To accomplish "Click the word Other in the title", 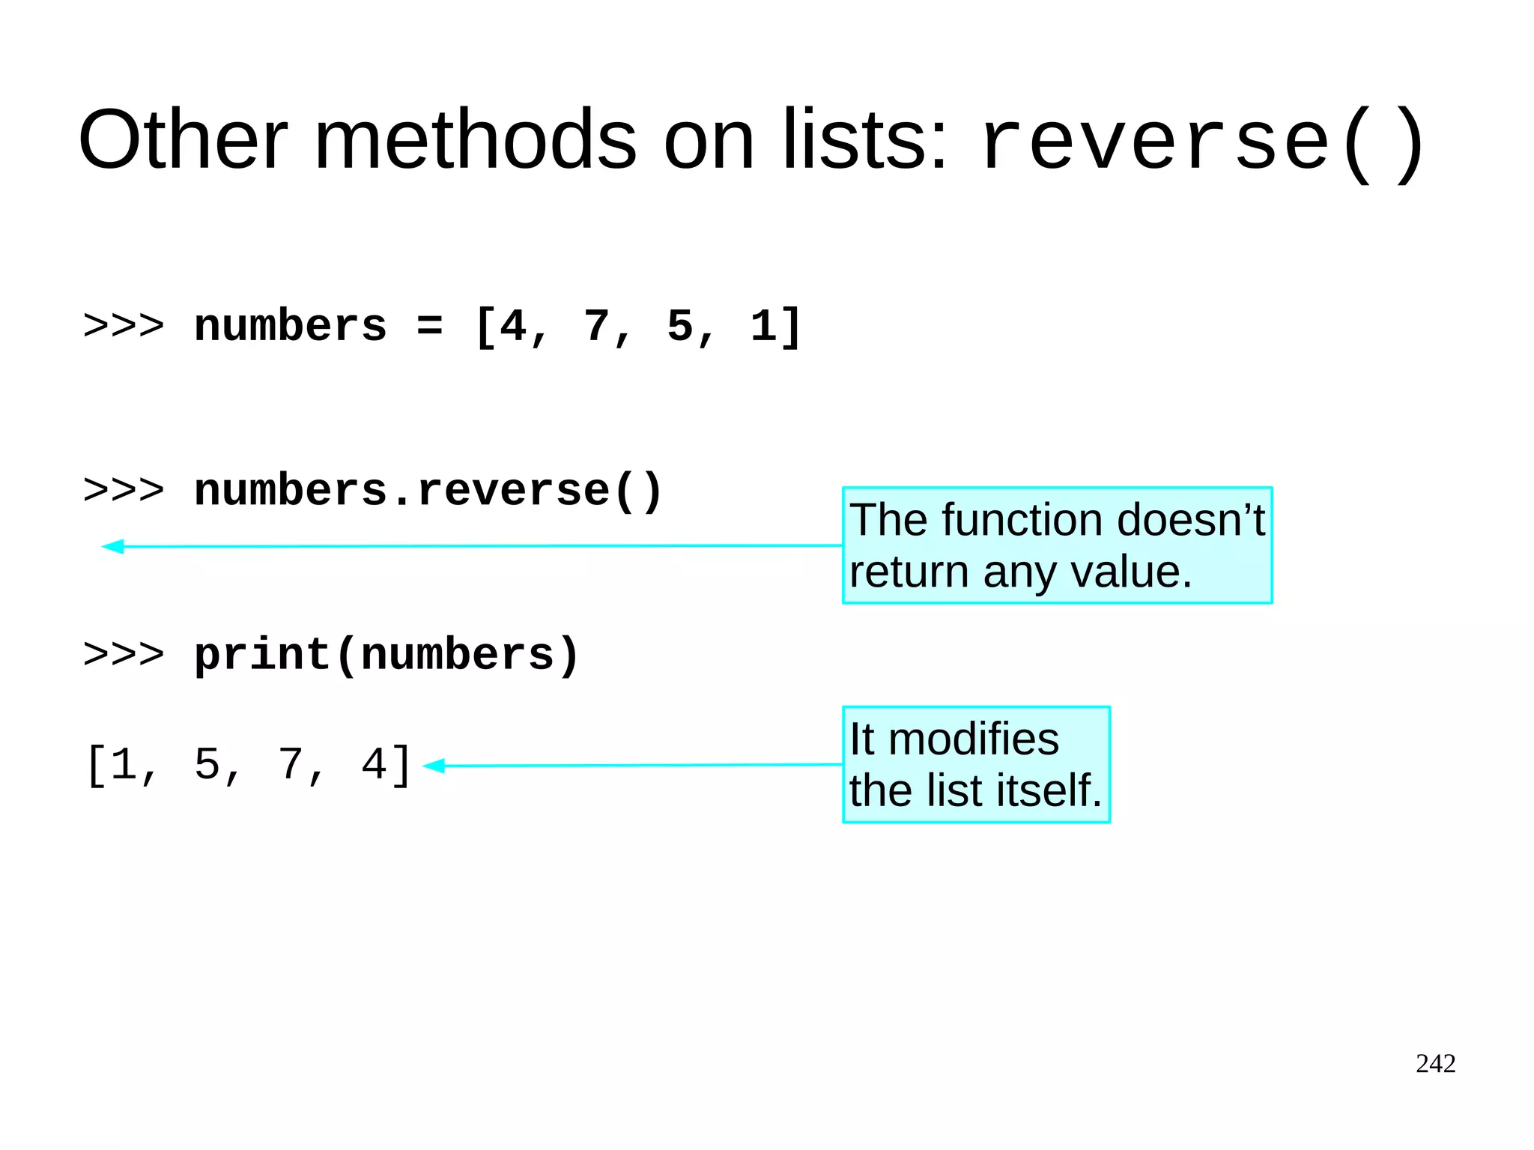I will [183, 140].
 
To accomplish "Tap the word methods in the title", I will [475, 140].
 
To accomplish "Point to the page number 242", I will [1435, 1063].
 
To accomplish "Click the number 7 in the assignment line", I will [597, 327].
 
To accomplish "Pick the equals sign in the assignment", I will [430, 327].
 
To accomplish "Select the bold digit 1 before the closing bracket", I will [763, 327].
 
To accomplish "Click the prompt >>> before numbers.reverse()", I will [124, 491].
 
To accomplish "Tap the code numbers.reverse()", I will [428, 491].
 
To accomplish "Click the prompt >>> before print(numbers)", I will [124, 655].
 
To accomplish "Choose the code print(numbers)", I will [386, 655].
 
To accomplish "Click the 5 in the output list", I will [206, 765].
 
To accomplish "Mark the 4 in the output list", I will [374, 765].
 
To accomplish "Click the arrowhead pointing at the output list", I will [434, 766].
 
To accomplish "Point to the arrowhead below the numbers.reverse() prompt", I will [112, 546].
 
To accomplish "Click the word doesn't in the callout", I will [1190, 520].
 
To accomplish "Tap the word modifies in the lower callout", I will [973, 739].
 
